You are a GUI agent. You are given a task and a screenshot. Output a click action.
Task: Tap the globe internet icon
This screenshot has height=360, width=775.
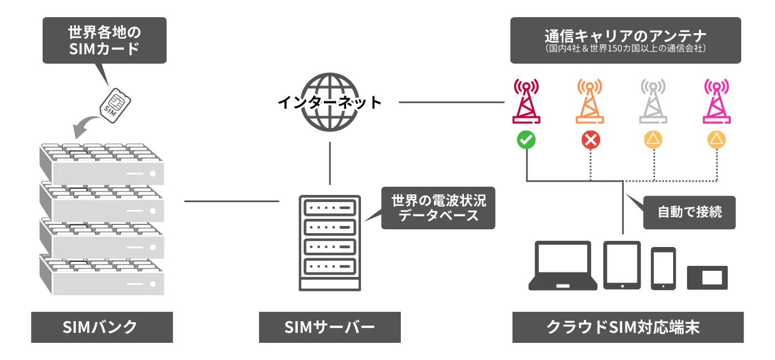(330, 102)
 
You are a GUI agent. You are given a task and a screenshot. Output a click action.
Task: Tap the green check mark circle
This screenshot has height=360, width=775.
(526, 140)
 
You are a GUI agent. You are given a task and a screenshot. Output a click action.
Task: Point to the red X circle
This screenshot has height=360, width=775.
(590, 140)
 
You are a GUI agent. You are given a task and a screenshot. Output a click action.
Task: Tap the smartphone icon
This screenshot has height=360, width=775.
(663, 268)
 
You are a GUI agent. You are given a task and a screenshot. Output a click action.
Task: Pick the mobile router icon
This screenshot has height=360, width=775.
(707, 277)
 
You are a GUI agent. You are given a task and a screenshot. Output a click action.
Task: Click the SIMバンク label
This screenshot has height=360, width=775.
(102, 327)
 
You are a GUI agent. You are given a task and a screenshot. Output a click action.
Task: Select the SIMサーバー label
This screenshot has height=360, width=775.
(330, 327)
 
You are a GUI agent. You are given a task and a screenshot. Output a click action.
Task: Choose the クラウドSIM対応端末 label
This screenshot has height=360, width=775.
(628, 327)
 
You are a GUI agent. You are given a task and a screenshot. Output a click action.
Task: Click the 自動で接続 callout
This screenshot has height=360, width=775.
(690, 212)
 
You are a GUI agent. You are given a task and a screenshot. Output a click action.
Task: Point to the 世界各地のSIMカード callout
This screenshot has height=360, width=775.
(104, 40)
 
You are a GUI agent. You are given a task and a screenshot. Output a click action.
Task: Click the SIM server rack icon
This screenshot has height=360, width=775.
(330, 243)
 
